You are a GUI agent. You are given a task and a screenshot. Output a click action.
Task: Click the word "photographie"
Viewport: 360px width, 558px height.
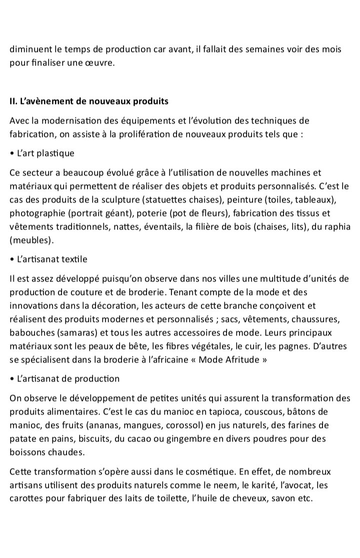pyautogui.click(x=35, y=213)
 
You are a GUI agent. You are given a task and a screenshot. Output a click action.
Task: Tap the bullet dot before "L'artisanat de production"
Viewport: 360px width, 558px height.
pyautogui.click(x=11, y=378)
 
